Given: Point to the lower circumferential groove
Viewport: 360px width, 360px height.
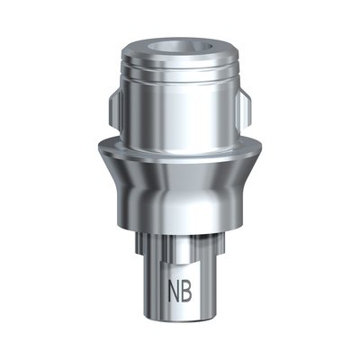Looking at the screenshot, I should (x=180, y=75).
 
